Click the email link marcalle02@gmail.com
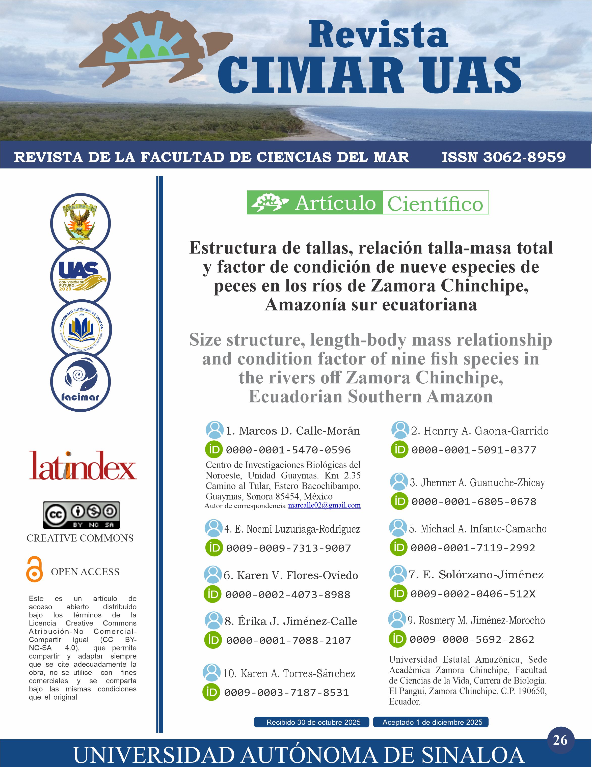(x=324, y=505)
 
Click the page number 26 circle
(x=560, y=740)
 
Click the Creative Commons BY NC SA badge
(x=82, y=515)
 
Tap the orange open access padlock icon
(x=34, y=569)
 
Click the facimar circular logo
(x=80, y=382)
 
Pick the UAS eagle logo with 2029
(x=80, y=276)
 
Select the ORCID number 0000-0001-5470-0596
(x=288, y=450)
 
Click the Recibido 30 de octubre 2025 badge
(x=312, y=722)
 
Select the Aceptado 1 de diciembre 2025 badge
(x=431, y=722)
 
